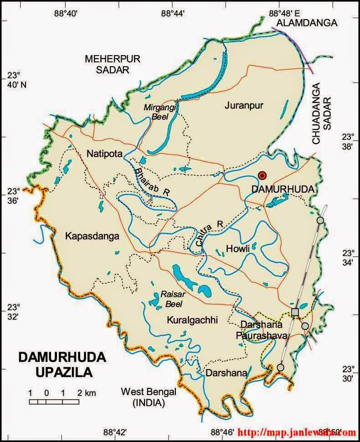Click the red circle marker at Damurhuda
[x=262, y=175]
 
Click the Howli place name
[x=238, y=249]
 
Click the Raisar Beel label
[x=171, y=299]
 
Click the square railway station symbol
[x=295, y=312]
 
